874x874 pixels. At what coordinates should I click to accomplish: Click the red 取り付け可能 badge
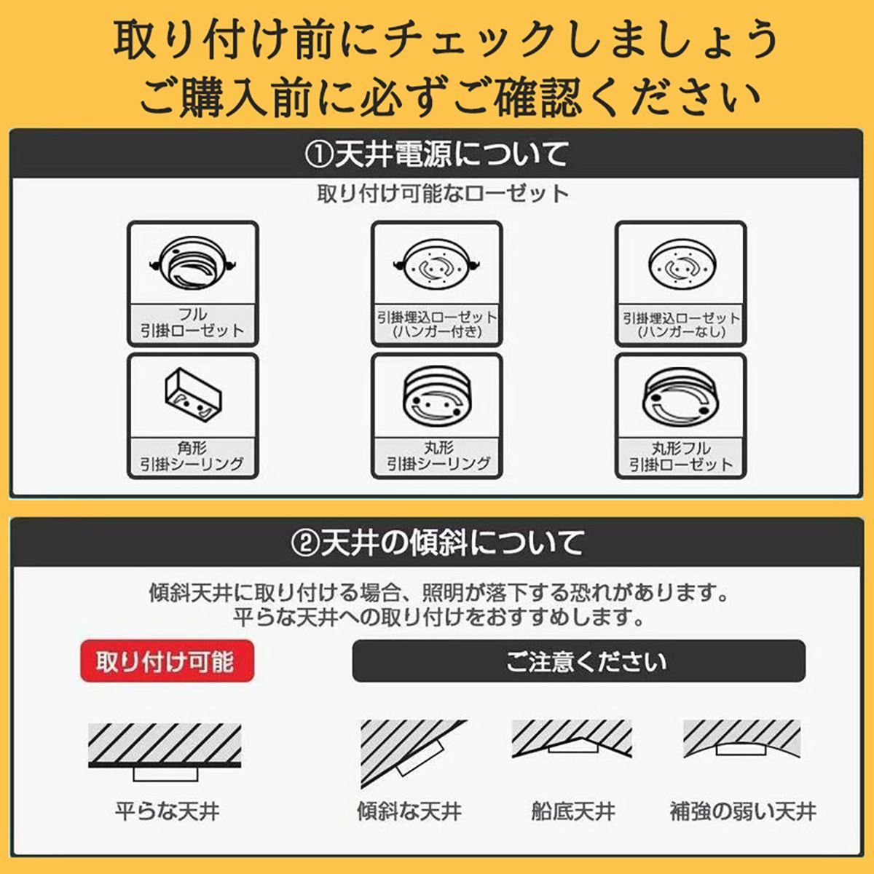click(x=166, y=661)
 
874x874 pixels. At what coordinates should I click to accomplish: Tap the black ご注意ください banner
click(x=578, y=661)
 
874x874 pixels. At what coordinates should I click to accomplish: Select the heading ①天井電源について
click(x=437, y=154)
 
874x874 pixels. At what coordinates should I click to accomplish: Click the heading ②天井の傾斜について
click(x=437, y=543)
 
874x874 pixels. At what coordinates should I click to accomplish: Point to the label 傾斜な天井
click(x=409, y=811)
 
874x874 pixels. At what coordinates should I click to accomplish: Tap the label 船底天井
click(x=573, y=811)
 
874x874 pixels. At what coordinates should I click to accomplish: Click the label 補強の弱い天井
click(x=743, y=811)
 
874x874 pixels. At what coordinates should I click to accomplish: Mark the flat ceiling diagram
click(x=164, y=750)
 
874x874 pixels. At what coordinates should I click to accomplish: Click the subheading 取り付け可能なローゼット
click(x=443, y=194)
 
